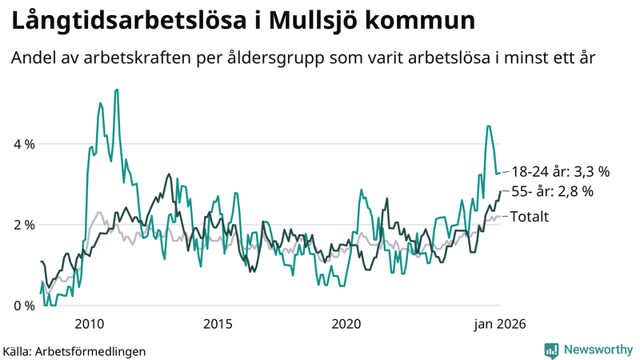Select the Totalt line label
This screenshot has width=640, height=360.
(529, 215)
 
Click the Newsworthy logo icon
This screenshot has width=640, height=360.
(551, 350)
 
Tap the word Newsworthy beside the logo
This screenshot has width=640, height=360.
(598, 350)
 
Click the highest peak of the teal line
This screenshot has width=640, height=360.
(117, 90)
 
